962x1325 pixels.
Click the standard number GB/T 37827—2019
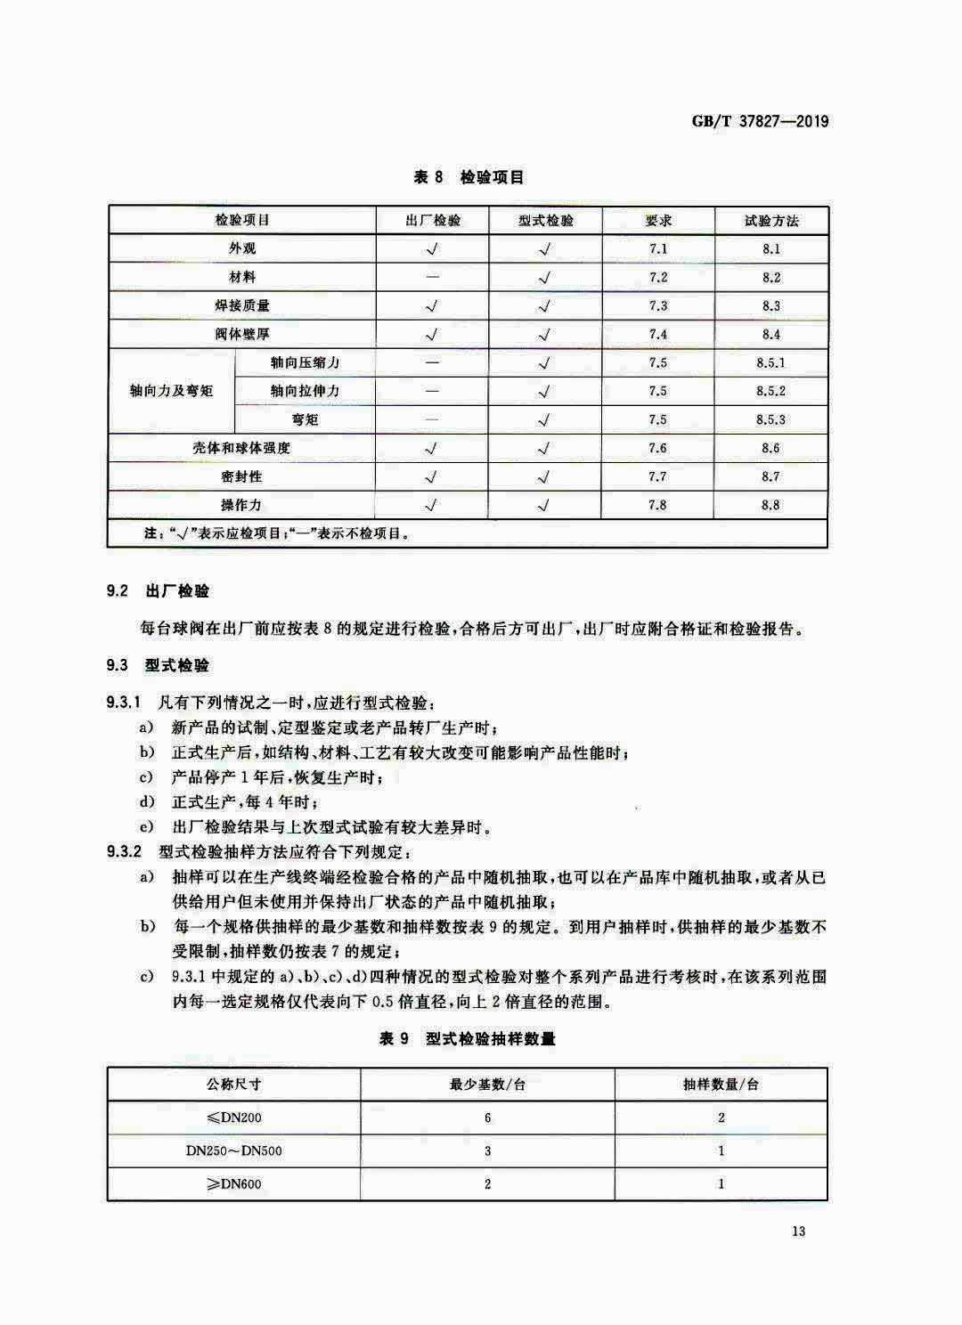760,121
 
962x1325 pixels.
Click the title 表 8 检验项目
469,177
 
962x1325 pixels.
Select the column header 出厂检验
433,221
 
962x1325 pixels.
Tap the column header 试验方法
771,221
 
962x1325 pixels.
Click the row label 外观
242,248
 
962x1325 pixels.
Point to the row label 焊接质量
242,305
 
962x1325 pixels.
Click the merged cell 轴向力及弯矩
172,391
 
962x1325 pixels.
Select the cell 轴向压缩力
305,362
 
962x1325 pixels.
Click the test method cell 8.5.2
771,391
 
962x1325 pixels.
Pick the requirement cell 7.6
657,448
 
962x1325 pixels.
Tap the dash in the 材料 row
433,277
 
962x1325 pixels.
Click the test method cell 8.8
771,505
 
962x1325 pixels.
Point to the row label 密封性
242,476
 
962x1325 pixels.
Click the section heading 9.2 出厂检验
158,591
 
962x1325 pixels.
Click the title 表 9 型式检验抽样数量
468,1039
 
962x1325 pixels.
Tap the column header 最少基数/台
487,1085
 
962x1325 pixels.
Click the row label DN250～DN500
234,1150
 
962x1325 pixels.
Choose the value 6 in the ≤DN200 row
487,1118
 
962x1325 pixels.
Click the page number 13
797,1232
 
